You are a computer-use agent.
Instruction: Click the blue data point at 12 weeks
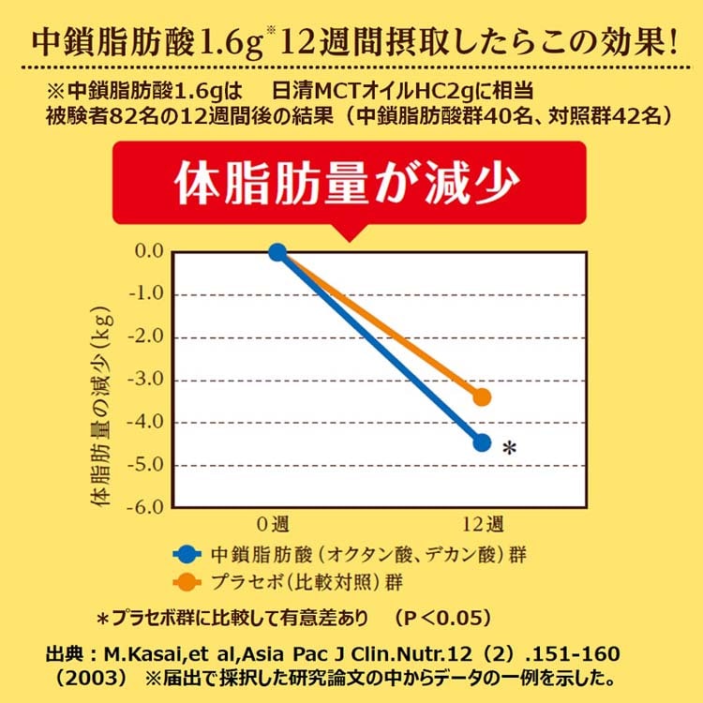click(x=482, y=442)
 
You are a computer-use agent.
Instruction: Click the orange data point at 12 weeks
click(x=482, y=396)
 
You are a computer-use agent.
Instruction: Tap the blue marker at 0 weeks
click(x=277, y=251)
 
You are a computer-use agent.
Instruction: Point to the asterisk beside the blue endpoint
click(x=510, y=450)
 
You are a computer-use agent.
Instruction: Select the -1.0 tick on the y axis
click(x=149, y=294)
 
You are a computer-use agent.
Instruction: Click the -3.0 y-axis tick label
click(x=149, y=380)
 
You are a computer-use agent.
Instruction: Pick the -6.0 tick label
click(x=149, y=508)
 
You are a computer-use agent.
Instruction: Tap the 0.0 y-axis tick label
click(x=150, y=251)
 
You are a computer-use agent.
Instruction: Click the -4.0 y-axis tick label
click(x=149, y=423)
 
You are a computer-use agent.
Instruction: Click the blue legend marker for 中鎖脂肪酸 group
click(x=189, y=553)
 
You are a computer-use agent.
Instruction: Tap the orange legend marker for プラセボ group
click(x=189, y=581)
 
